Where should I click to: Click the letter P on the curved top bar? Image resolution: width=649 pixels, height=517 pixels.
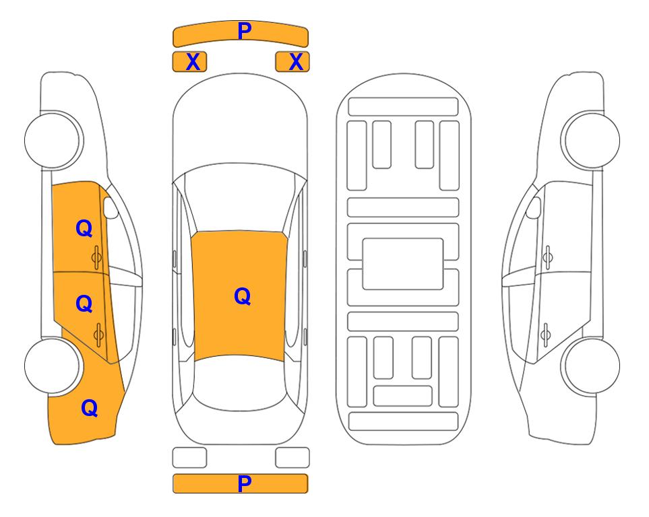click(x=245, y=30)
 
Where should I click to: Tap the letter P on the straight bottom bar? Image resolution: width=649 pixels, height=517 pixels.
click(x=245, y=483)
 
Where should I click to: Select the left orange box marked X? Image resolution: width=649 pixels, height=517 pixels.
click(x=189, y=62)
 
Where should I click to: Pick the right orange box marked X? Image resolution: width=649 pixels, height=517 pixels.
click(x=292, y=62)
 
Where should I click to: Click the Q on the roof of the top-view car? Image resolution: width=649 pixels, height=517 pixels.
click(x=243, y=296)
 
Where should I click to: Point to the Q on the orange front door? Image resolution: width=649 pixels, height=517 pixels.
click(x=84, y=228)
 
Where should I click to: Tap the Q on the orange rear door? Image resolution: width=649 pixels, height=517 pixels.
click(x=84, y=304)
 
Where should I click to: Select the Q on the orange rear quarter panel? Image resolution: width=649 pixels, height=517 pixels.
click(x=90, y=408)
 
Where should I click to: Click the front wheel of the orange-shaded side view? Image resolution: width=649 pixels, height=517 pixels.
click(x=53, y=140)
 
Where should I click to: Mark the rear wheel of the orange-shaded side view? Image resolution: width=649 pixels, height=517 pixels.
click(x=53, y=366)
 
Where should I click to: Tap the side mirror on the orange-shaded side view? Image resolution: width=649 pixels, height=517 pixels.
click(x=111, y=207)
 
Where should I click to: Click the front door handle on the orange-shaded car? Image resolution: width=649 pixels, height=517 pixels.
click(x=96, y=257)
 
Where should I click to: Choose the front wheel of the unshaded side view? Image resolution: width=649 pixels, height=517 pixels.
click(x=592, y=140)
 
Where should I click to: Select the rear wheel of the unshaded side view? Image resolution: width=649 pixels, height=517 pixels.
click(x=592, y=366)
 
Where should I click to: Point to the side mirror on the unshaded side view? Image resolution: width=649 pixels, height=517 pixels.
click(x=534, y=207)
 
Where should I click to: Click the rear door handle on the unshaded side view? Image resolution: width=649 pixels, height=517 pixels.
click(x=546, y=335)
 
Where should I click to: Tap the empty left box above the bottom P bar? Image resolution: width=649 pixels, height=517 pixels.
click(x=189, y=458)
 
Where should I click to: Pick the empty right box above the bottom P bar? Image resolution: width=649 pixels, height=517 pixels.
click(x=292, y=458)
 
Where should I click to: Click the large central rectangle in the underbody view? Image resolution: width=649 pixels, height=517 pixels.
click(x=403, y=264)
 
